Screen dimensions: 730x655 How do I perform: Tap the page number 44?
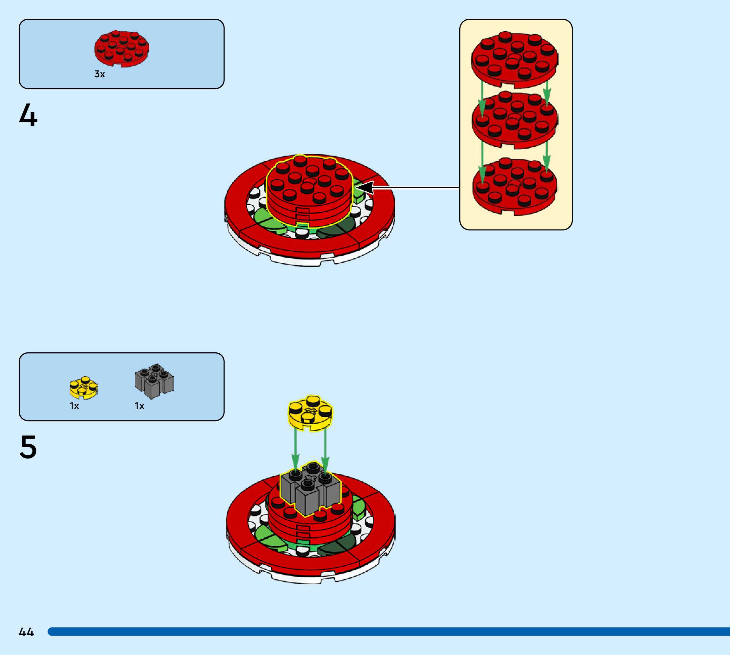click(26, 632)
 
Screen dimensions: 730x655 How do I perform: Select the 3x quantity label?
click(99, 74)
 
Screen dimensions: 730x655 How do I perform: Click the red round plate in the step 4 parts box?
click(121, 48)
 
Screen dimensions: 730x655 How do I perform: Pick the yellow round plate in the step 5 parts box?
click(83, 388)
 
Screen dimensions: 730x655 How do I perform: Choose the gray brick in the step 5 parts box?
click(154, 382)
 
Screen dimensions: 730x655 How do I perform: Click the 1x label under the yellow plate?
click(74, 406)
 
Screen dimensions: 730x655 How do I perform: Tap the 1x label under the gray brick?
click(139, 406)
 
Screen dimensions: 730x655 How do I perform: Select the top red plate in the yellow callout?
click(515, 59)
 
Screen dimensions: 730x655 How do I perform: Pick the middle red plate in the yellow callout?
click(515, 119)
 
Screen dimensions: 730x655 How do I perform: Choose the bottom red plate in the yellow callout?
click(515, 186)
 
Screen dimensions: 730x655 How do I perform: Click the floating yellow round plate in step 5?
click(310, 413)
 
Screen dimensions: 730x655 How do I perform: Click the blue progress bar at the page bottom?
click(389, 632)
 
